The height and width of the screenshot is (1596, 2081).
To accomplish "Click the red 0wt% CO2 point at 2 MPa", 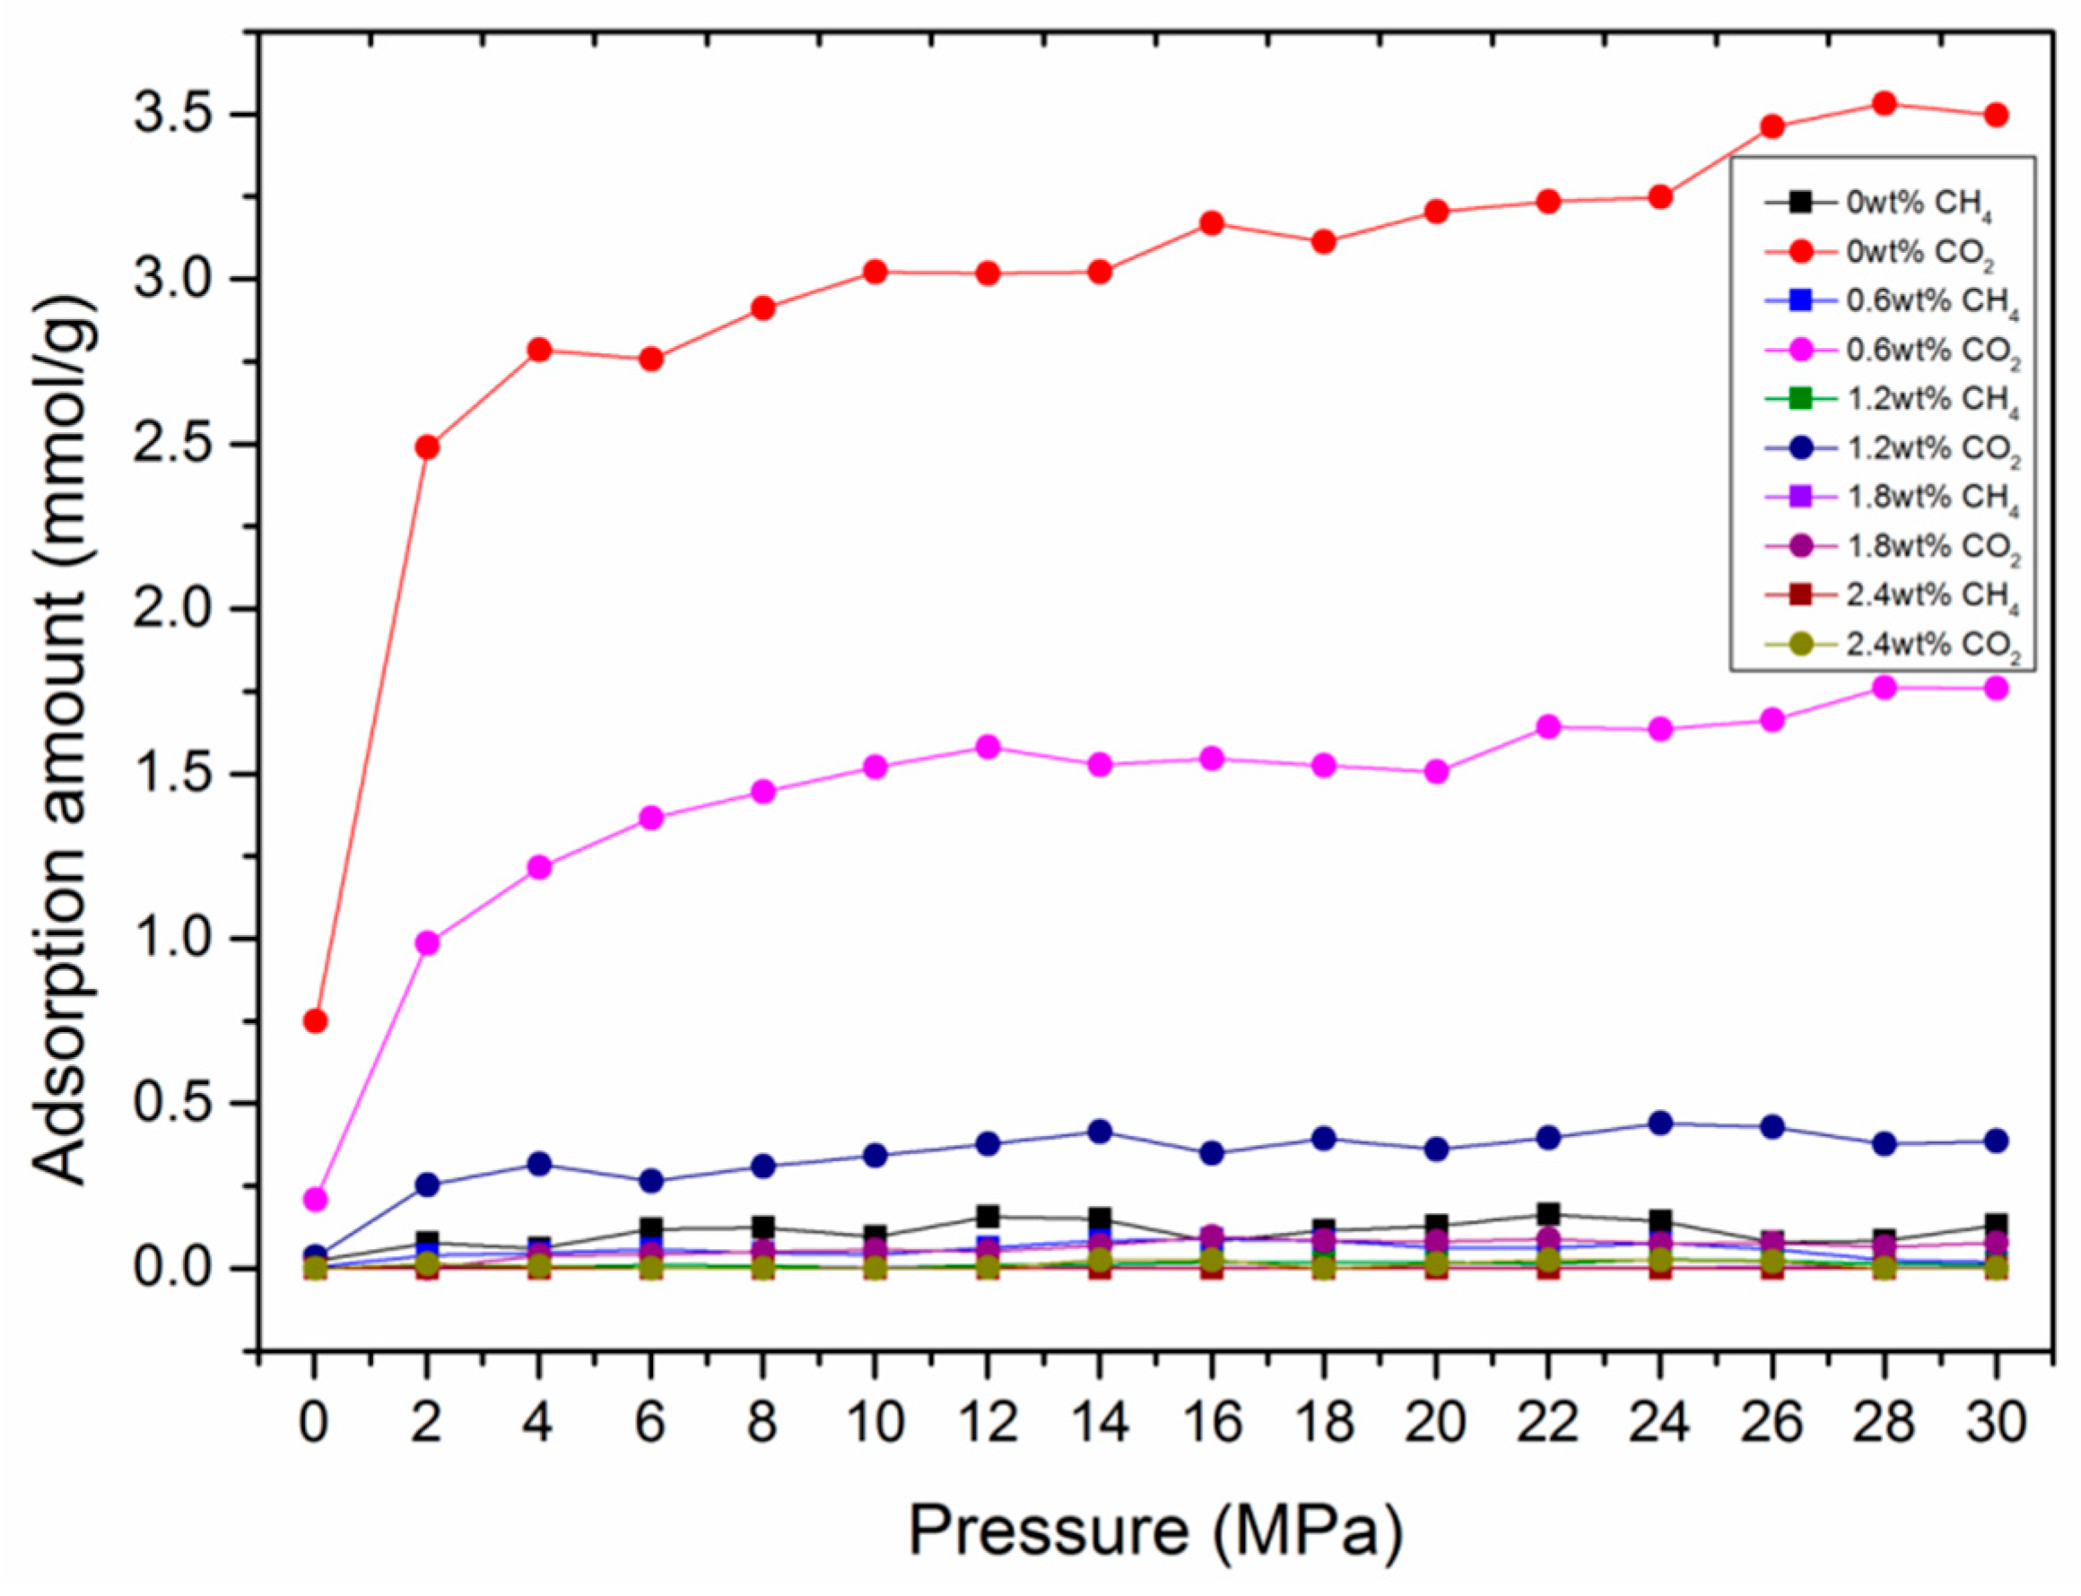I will pos(427,447).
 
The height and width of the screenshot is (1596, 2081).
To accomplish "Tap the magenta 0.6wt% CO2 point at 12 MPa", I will pos(988,747).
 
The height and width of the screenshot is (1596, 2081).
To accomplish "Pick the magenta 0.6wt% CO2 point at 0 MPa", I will pos(316,1200).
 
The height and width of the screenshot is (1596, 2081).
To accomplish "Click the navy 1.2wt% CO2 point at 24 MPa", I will pos(1660,1123).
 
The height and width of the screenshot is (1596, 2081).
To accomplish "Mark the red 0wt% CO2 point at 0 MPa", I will pos(316,1021).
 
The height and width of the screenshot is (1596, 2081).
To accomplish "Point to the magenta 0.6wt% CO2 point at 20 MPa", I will pos(1436,771).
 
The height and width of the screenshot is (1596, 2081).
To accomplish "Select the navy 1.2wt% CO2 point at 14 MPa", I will pos(1100,1132).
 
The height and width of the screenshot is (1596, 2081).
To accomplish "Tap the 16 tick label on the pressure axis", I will pos(1212,1422).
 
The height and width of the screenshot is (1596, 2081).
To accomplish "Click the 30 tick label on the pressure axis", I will pos(1997,1422).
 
